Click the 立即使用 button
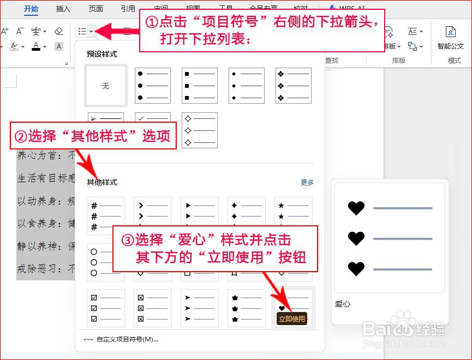pos(292,319)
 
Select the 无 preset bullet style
pos(106,86)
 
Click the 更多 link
pos(307,183)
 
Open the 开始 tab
pos(32,9)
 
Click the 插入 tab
pos(63,9)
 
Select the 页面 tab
pos(96,9)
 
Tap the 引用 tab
pos(128,9)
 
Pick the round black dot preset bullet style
pos(153,86)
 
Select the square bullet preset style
pos(200,86)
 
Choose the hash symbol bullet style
pos(106,215)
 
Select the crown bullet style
pos(247,308)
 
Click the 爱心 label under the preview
pos(343,304)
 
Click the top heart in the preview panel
pos(356,208)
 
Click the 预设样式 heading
pos(102,55)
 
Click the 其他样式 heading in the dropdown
pos(102,183)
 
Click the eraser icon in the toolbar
pos(59,31)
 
